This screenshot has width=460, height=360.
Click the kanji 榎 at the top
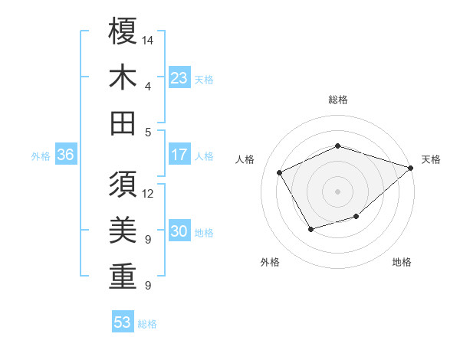pos(123,32)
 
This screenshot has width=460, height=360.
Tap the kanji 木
pos(123,77)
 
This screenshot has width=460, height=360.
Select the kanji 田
pos(123,123)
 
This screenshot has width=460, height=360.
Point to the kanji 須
pos(123,186)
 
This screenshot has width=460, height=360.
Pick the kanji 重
pos(123,277)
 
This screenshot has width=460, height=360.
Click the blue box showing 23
pos(179,78)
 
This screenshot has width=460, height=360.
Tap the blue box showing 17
pos(179,155)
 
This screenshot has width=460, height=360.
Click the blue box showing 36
pos(66,155)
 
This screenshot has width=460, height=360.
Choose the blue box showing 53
pos(123,322)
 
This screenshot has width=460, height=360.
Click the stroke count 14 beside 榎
pos(149,39)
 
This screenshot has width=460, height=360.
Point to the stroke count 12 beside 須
pos(149,193)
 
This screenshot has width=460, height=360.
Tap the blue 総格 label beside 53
pos(147,324)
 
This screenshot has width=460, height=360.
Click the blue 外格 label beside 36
pos(41,156)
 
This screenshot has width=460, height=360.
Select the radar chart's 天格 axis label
pos(431,159)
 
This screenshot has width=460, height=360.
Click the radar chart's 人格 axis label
pos(245,159)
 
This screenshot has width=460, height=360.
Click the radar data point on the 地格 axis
pos(356,218)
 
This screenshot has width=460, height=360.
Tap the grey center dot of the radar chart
pos(338,191)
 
